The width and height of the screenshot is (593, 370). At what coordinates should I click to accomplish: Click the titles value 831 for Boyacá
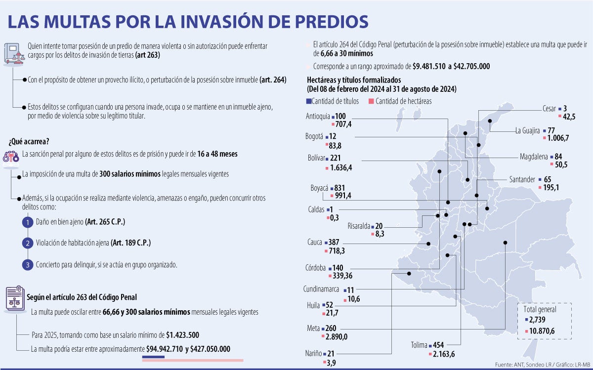click(x=340, y=188)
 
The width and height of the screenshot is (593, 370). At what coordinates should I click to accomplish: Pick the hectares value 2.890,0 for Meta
click(x=338, y=336)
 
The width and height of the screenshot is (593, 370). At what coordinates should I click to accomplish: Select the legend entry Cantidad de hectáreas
click(x=403, y=101)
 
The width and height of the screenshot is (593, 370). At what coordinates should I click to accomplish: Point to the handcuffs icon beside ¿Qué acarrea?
click(x=11, y=157)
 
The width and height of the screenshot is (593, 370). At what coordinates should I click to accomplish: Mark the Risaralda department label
click(x=358, y=226)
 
